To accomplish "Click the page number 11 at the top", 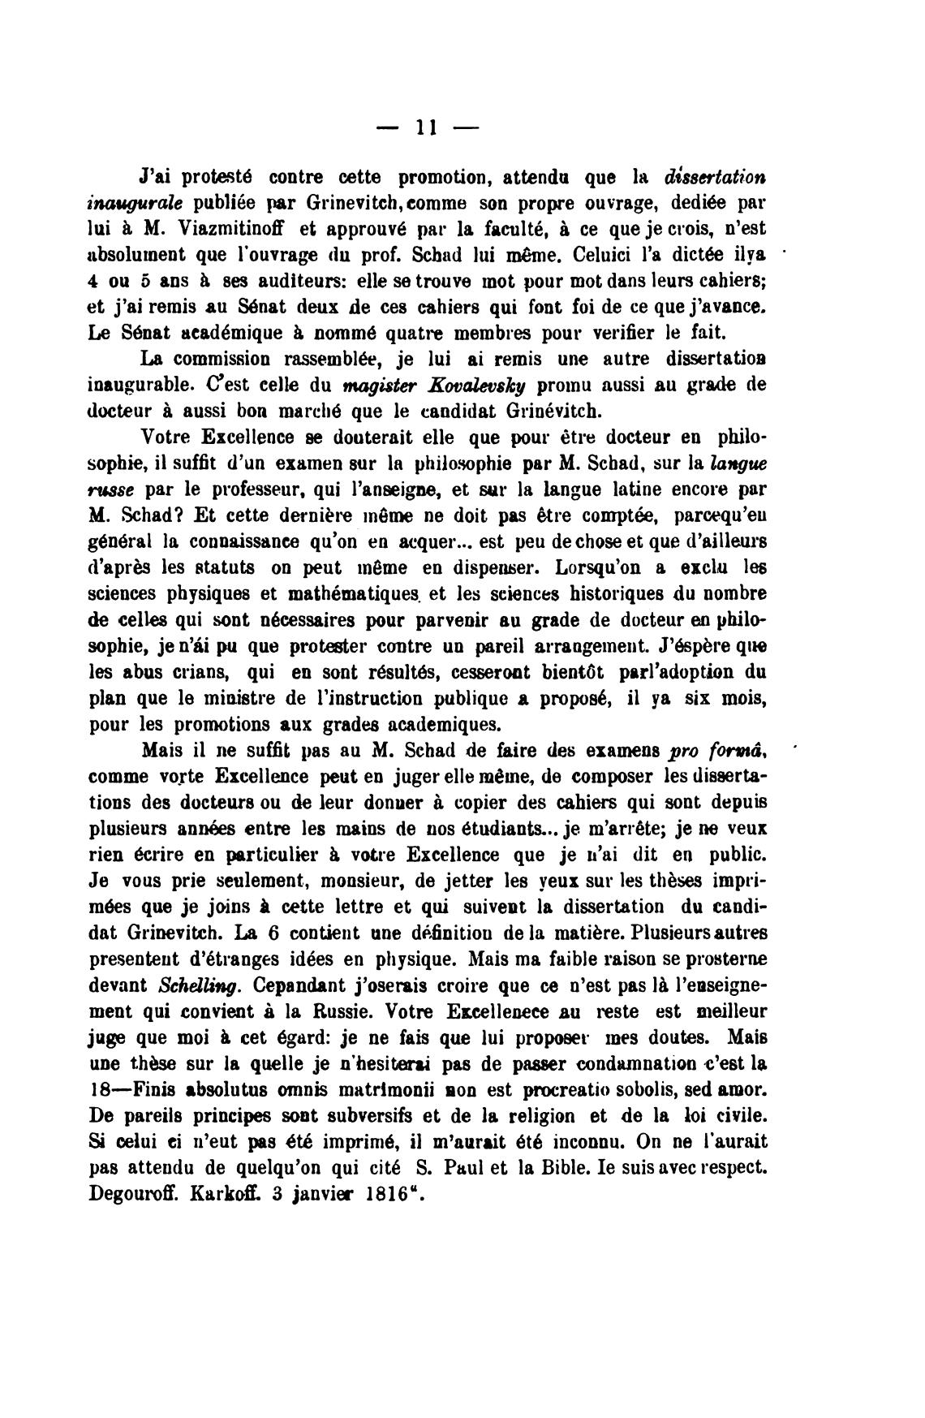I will click(x=426, y=127).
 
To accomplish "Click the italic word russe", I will click(x=114, y=491).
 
